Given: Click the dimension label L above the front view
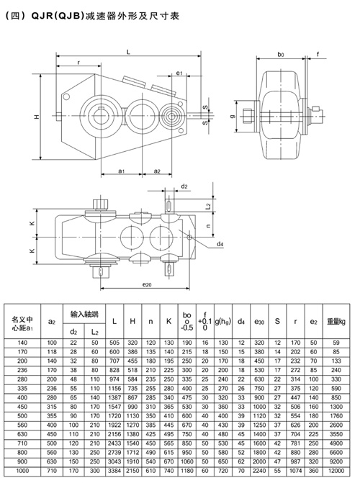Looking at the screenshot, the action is point(129,52).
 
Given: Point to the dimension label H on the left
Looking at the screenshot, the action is point(37,117).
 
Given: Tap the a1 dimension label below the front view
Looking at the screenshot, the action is point(122,171).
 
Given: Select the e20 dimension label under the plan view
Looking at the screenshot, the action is point(147,285).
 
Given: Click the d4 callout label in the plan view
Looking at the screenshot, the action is point(220,244).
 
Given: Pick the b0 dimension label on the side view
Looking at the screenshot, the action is point(281,55).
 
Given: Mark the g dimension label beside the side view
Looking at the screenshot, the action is point(233,117).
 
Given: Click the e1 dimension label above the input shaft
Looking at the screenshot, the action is point(179,73).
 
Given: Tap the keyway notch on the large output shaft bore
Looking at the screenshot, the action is point(101,108).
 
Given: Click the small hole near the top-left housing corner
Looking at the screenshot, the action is point(66,96).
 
